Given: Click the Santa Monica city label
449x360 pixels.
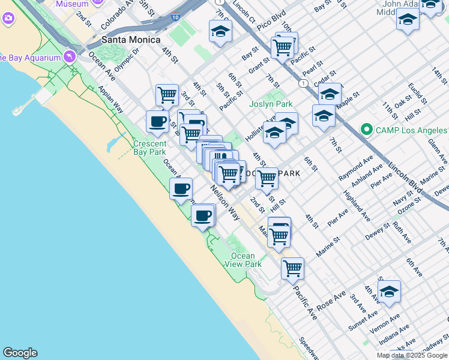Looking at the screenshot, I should coord(130,40).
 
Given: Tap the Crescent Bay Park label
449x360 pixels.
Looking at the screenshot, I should coord(149,148).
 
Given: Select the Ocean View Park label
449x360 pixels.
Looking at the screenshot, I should coord(247,260).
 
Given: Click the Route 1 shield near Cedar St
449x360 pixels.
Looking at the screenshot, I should coord(304,83).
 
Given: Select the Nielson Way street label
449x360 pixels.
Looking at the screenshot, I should coord(225,202).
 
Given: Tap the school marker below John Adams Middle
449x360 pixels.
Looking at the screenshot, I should coord(408,20).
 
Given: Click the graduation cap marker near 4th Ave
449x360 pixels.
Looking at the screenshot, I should coord(389,292).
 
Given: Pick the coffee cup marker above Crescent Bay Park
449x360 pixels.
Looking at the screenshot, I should coord(158,121).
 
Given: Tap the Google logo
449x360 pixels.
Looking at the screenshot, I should coord(20,353).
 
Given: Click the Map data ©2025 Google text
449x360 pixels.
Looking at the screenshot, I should coord(412,355).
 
